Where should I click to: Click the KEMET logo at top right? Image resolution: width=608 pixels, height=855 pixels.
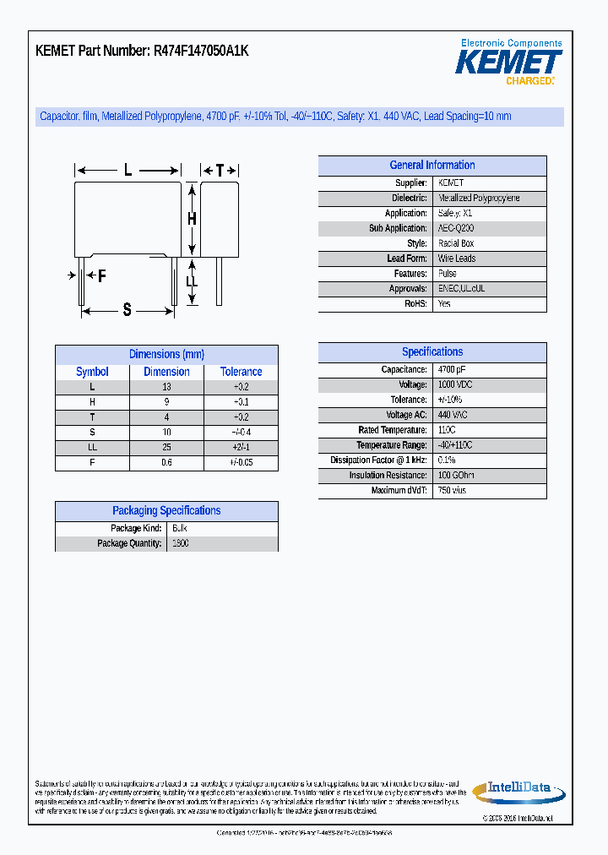point(508,62)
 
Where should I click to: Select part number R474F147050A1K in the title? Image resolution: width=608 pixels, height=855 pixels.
point(201,51)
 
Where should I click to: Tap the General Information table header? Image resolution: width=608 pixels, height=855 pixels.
point(432,166)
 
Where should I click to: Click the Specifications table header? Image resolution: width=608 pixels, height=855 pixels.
point(432,352)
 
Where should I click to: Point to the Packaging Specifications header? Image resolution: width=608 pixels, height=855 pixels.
point(166,511)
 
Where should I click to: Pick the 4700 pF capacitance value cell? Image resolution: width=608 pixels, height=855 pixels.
point(452,370)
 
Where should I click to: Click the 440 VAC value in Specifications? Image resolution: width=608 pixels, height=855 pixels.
point(453,415)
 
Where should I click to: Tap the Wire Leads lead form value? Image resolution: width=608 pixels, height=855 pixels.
point(457,259)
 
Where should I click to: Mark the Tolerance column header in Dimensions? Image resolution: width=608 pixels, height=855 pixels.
point(242,372)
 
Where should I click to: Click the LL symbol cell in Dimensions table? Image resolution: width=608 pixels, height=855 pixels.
point(92,448)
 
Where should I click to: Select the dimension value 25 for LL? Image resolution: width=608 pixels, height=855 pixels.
point(166,448)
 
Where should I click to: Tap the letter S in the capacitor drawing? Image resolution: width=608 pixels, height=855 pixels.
point(128,310)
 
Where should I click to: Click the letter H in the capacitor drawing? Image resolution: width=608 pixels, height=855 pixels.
point(192,219)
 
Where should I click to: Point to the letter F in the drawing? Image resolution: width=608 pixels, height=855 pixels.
point(101,276)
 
